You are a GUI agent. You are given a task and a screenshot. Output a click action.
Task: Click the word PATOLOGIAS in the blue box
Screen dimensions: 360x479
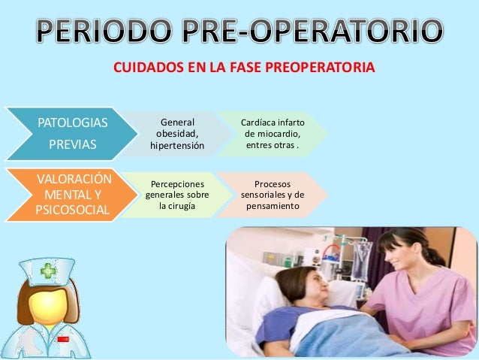72,122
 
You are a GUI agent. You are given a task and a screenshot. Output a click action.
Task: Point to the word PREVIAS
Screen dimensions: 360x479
72,145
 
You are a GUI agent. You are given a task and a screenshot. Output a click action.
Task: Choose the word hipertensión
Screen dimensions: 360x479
177,145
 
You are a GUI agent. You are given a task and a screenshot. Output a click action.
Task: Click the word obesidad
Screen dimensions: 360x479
177,134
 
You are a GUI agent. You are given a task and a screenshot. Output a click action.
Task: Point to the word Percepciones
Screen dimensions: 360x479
177,183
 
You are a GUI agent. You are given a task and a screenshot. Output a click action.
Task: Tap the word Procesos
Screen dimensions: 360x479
273,183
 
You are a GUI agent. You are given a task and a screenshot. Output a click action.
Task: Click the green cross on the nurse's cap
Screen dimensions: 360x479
48,271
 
